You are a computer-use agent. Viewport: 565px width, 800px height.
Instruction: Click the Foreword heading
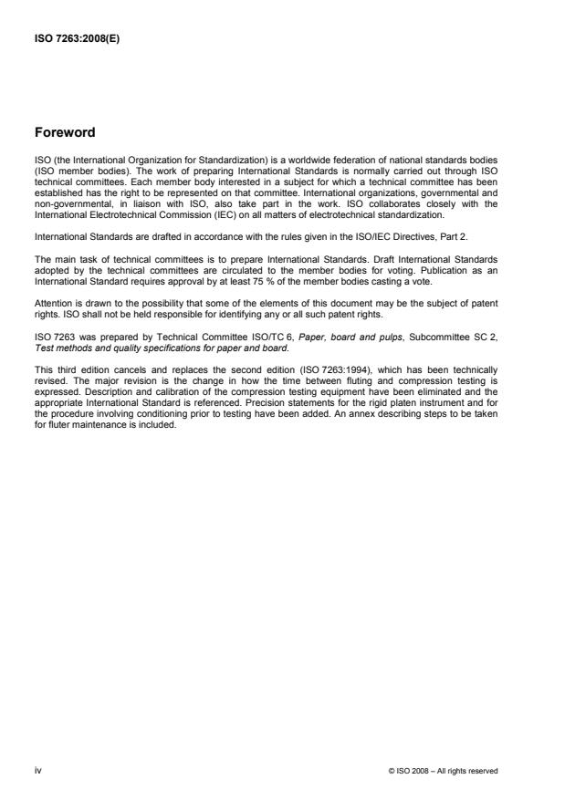coord(64,132)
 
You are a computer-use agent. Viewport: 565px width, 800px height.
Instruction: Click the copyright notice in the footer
coord(444,771)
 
